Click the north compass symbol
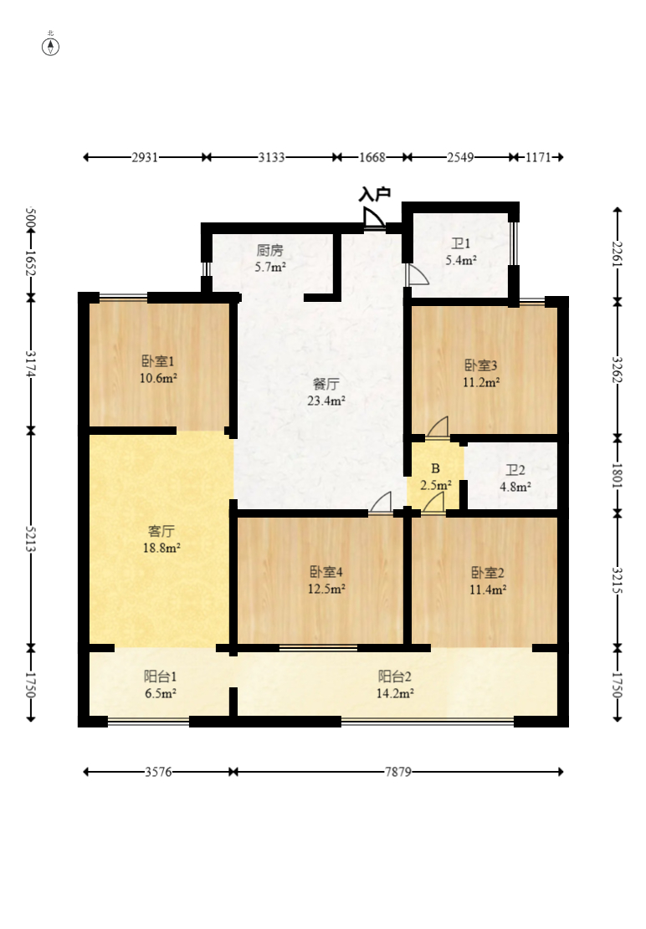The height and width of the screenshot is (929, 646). [x=50, y=46]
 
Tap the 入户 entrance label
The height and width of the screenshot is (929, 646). [x=375, y=194]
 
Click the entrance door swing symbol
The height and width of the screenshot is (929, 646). [x=373, y=217]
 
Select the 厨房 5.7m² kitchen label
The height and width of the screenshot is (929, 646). [x=270, y=258]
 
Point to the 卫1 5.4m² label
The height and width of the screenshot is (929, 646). [x=461, y=251]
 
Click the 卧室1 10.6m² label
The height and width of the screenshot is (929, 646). [x=158, y=369]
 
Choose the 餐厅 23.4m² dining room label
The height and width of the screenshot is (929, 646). [x=326, y=391]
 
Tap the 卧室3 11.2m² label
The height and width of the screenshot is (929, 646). [x=480, y=373]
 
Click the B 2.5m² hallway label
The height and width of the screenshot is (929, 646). [x=436, y=477]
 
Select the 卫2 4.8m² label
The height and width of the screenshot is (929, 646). [x=515, y=478]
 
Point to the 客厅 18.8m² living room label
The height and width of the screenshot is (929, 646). [x=161, y=539]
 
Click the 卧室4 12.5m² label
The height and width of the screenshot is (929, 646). [x=326, y=580]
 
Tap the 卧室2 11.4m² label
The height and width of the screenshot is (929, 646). [x=487, y=580]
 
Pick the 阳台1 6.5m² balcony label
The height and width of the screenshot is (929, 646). [x=160, y=684]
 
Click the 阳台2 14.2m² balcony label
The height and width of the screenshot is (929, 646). [x=395, y=684]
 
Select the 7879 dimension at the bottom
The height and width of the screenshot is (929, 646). [x=397, y=772]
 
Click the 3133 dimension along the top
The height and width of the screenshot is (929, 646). [x=271, y=157]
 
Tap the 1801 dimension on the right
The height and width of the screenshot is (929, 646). [x=618, y=475]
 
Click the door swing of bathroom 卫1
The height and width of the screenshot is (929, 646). [x=418, y=274]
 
